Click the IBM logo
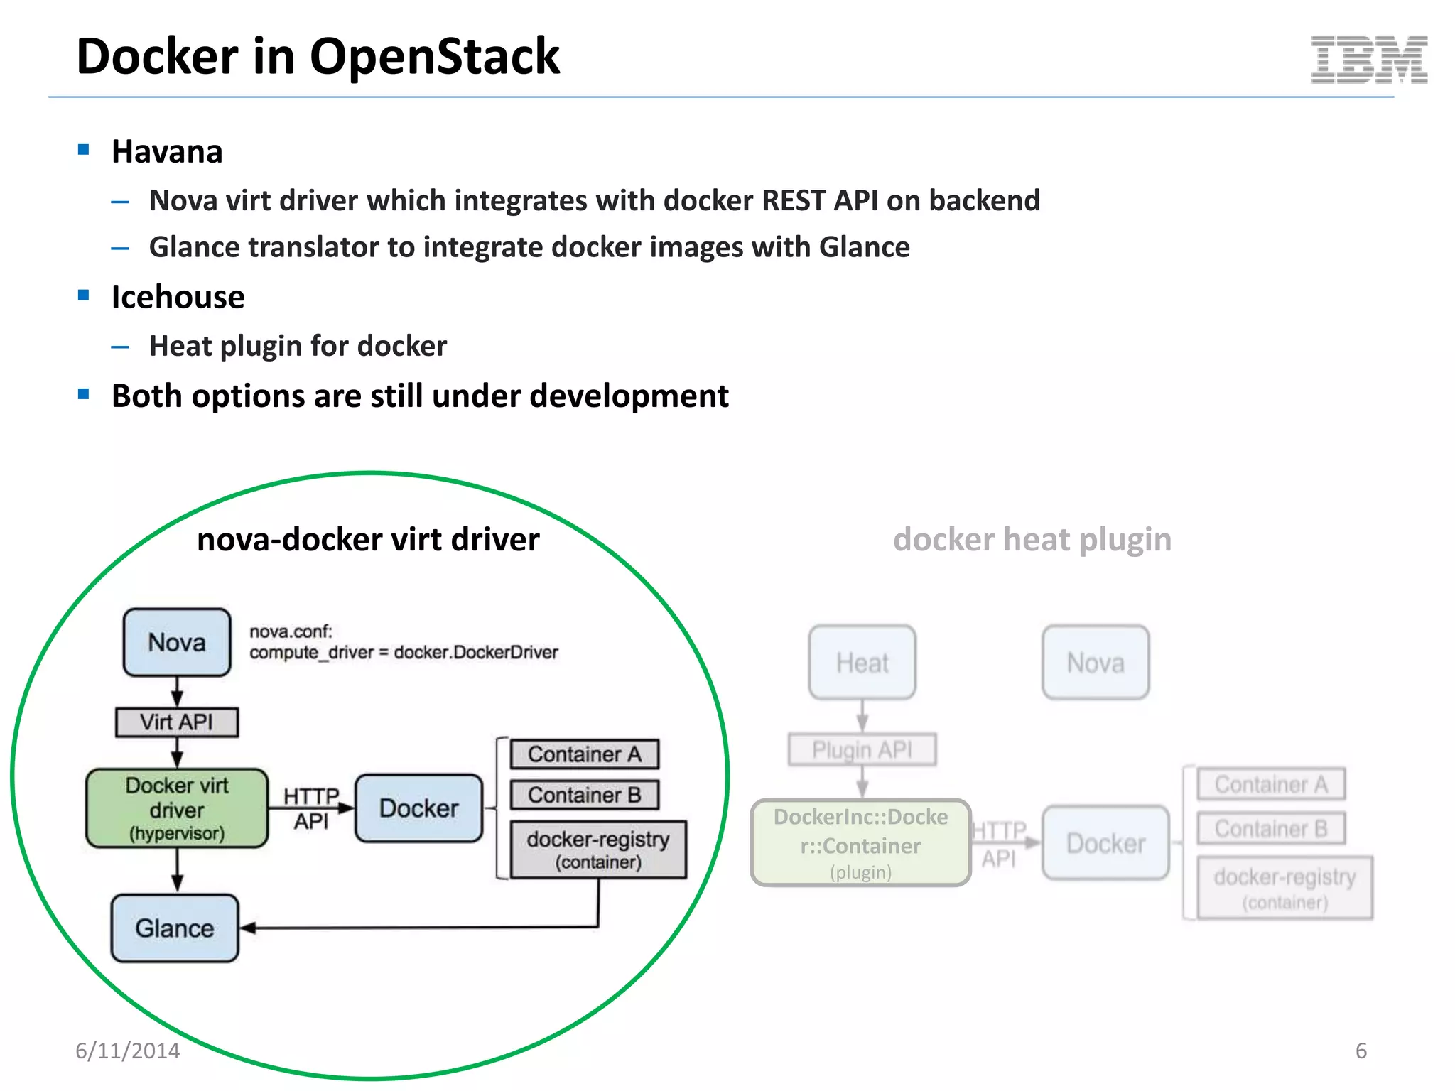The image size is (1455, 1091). coord(1368,59)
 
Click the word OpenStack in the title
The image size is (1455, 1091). coord(434,57)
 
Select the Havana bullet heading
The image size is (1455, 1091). coord(167,152)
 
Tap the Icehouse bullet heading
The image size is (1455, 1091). coord(178,297)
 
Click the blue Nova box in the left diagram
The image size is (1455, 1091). coord(177,642)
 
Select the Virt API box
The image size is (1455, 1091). coord(177,722)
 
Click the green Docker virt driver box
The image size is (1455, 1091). coord(177,808)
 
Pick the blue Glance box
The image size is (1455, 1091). coord(175,928)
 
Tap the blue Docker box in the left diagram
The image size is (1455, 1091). coord(418,808)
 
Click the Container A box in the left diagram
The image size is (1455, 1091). coord(584,754)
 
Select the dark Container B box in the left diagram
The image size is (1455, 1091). coord(584,795)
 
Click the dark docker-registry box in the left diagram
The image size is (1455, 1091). coord(598,850)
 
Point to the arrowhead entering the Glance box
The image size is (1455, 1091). coord(248,928)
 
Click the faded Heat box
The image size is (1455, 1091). coord(862,663)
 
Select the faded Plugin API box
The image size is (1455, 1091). coord(862,749)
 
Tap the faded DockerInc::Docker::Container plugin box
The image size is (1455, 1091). coord(860,843)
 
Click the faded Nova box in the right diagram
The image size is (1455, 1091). coord(1095,663)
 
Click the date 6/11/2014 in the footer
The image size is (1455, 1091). coord(128,1051)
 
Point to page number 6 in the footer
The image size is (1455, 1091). coord(1361,1051)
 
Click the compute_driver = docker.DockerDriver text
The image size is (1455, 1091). coord(404,653)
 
